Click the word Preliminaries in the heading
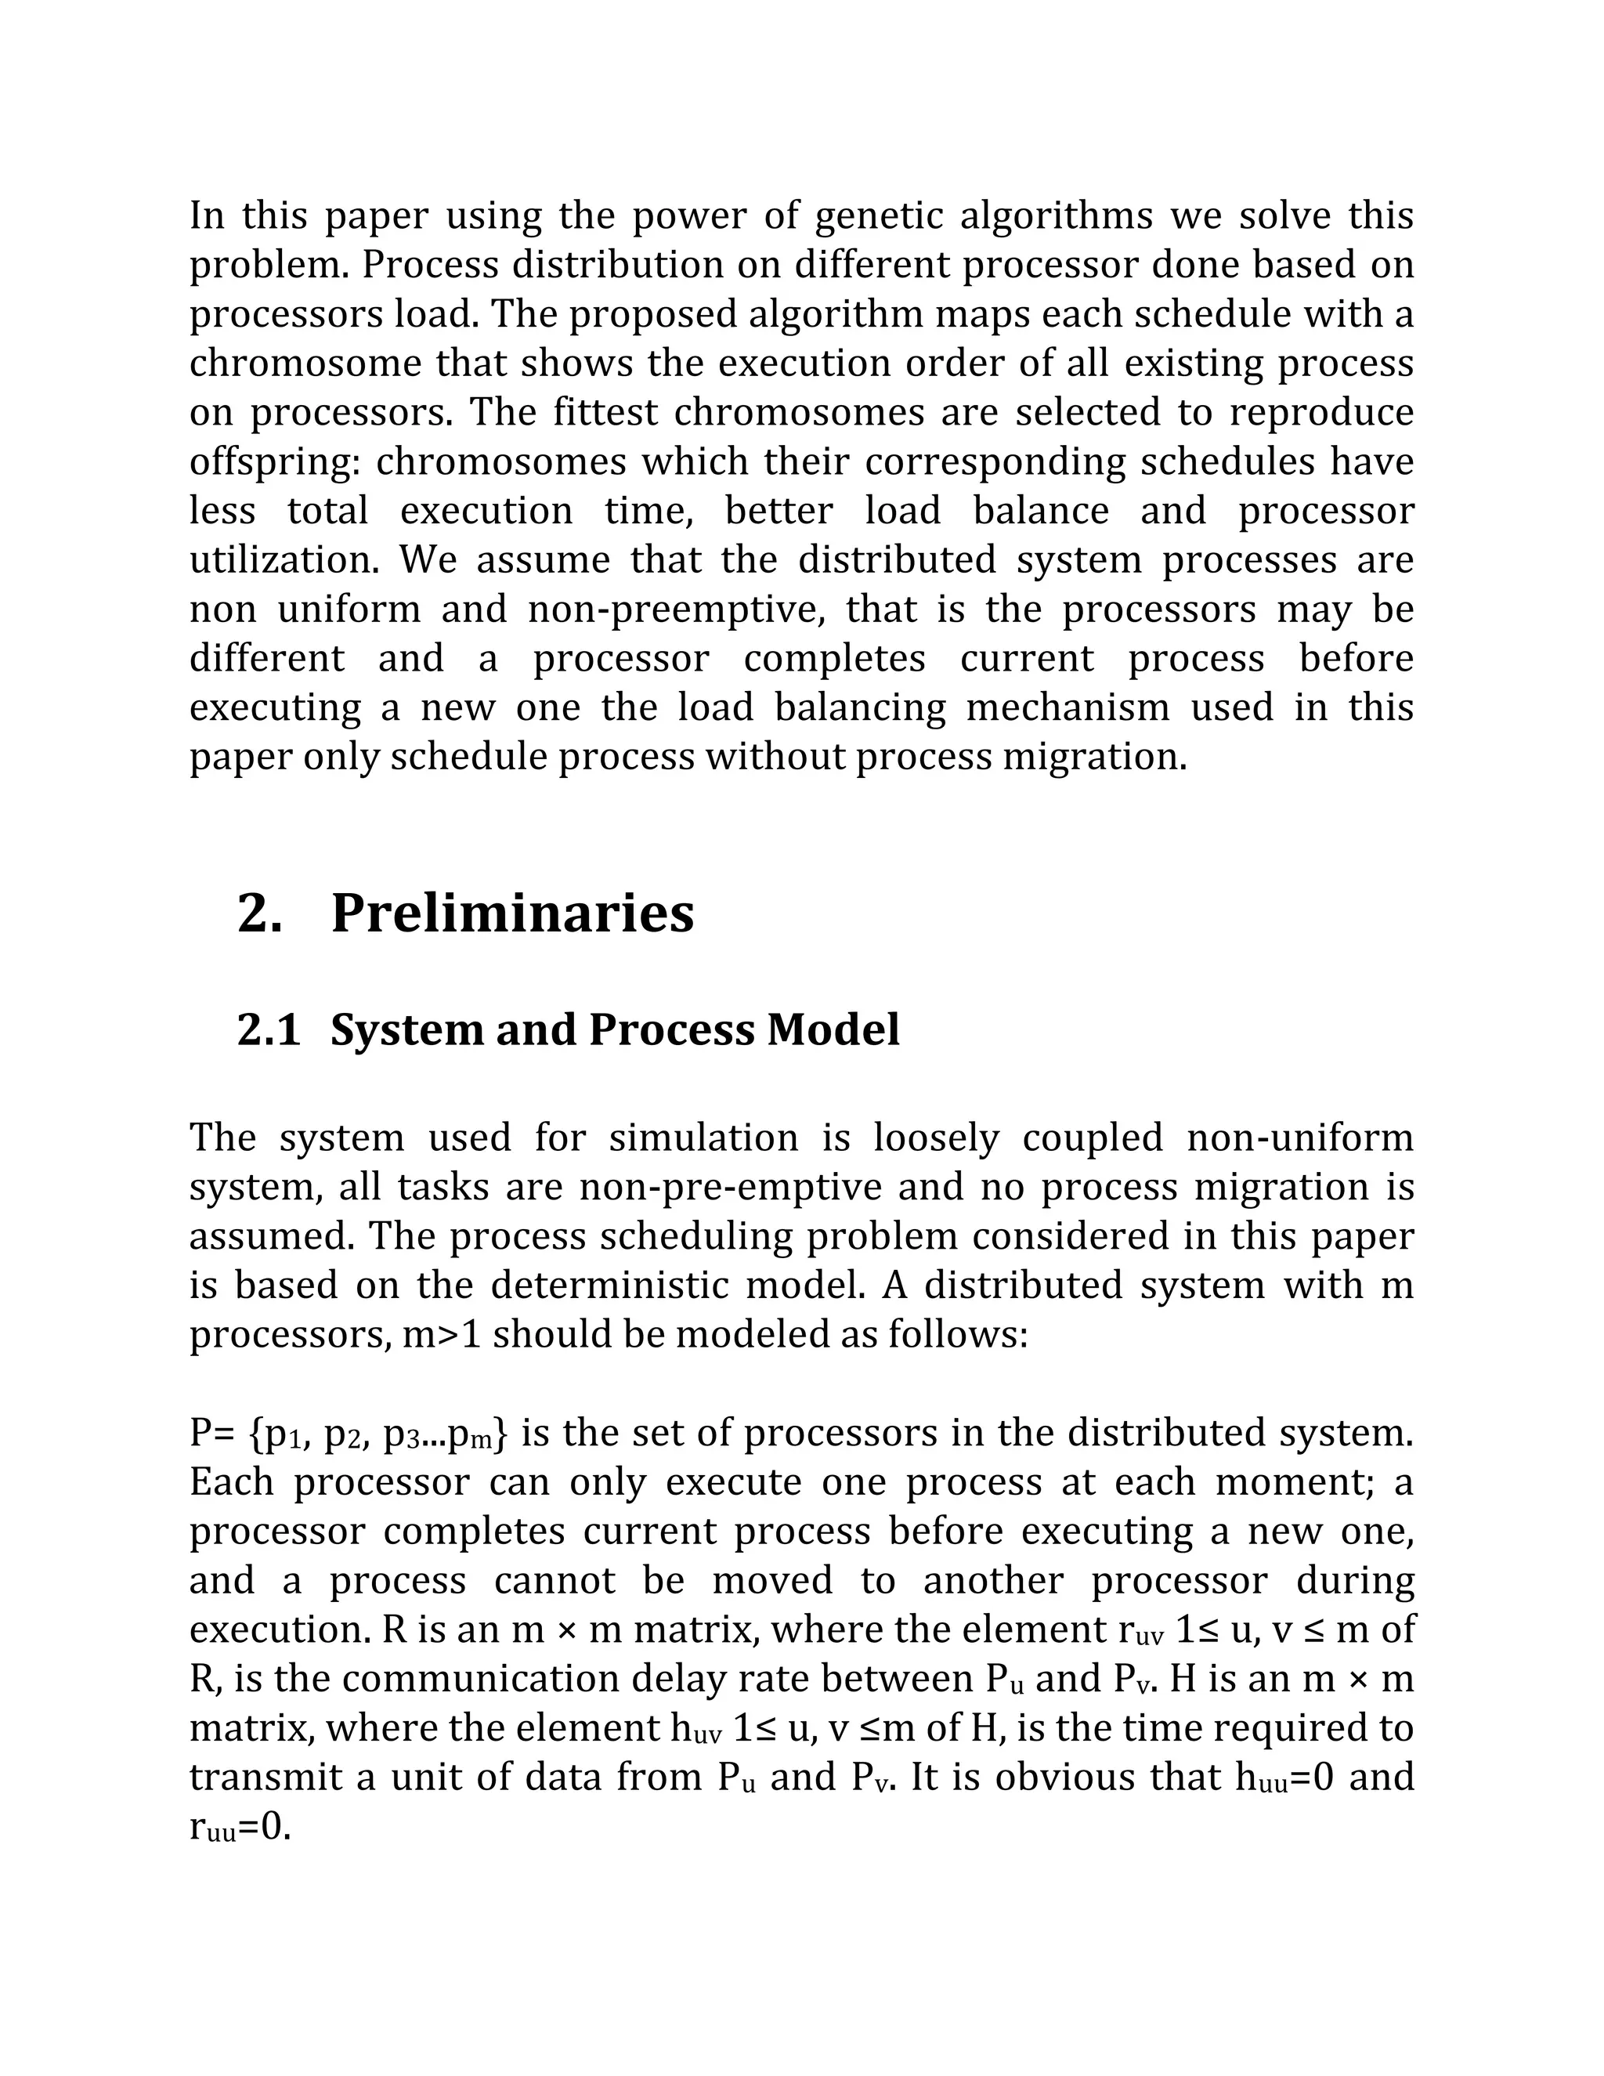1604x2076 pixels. [512, 913]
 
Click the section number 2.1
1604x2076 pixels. [268, 1030]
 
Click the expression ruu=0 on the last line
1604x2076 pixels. [240, 1827]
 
